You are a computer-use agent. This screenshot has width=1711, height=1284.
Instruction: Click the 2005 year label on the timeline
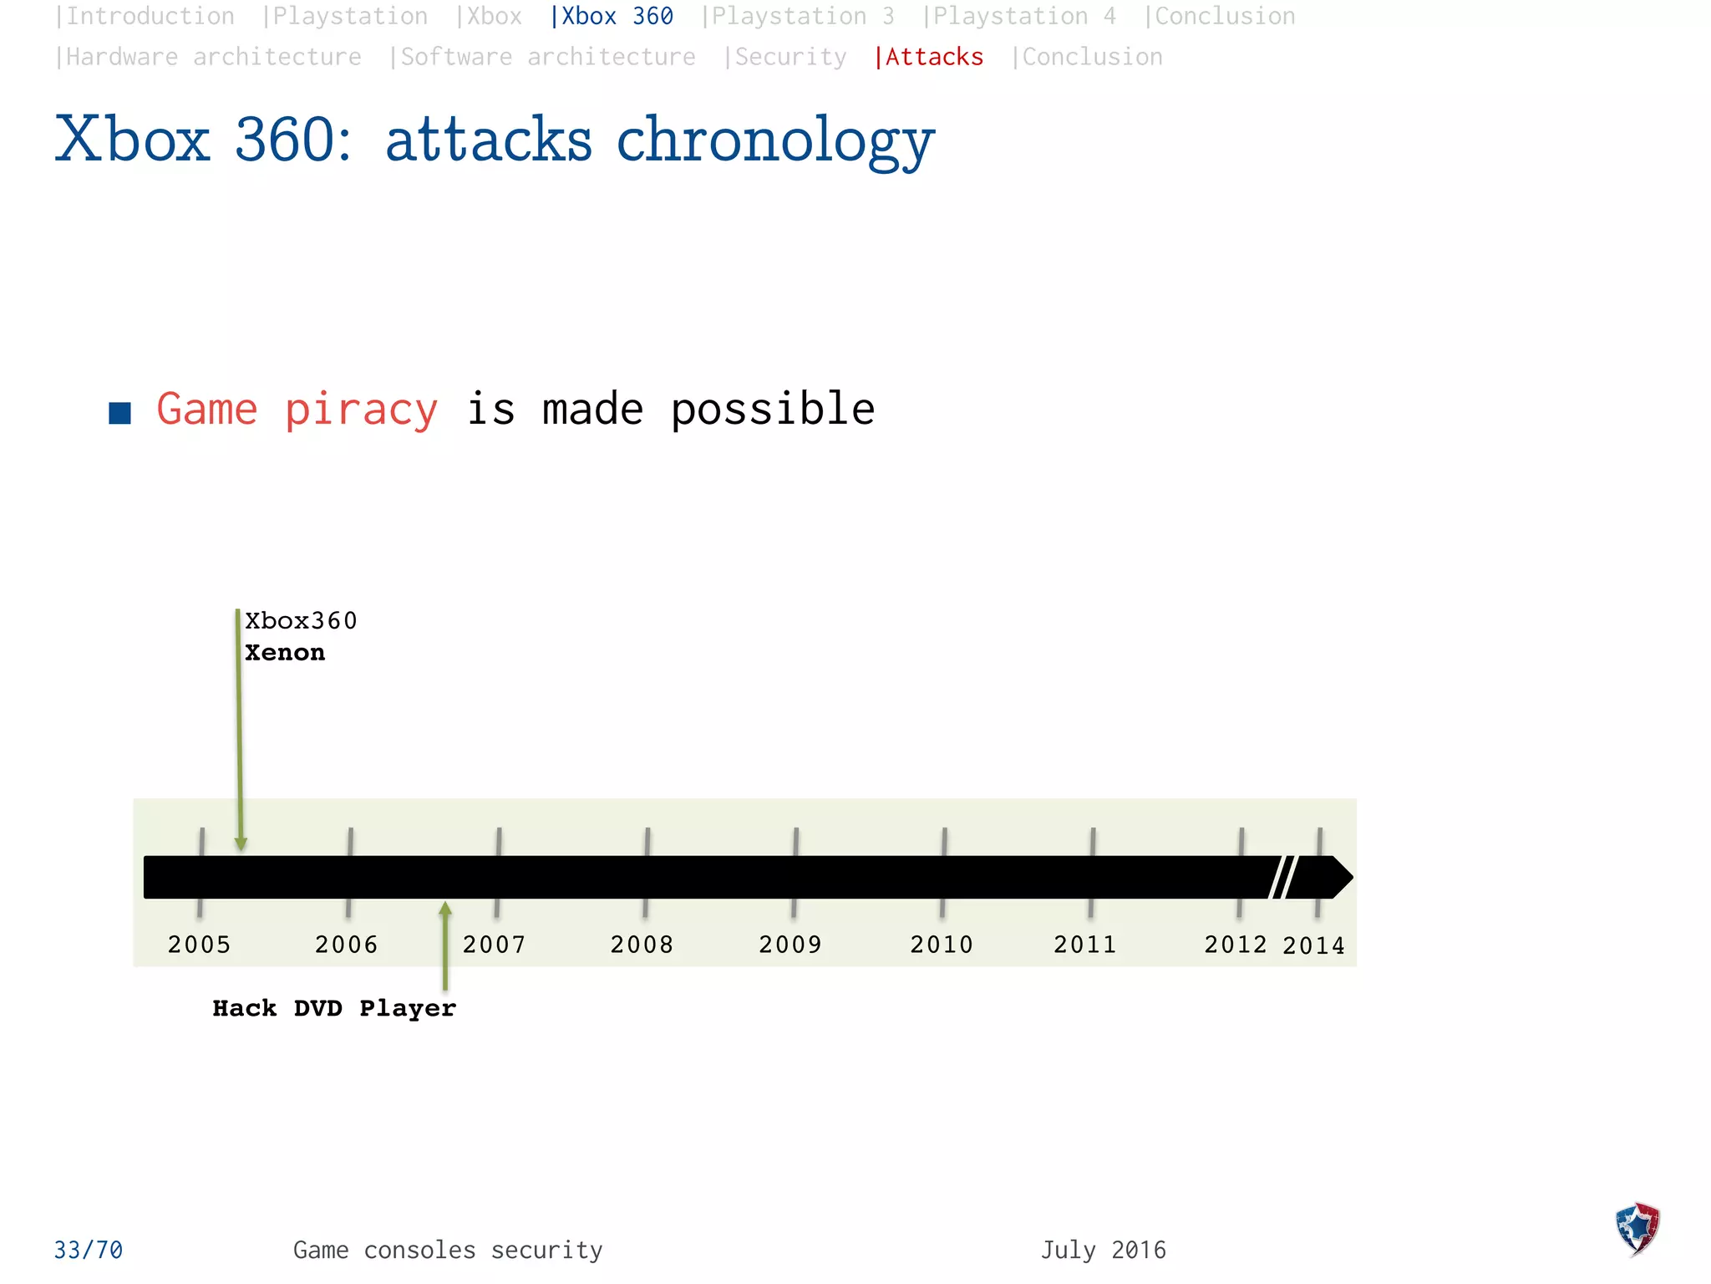[x=199, y=945]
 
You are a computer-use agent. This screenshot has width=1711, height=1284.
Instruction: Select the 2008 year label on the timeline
[x=642, y=945]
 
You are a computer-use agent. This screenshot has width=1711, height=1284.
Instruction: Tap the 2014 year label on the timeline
[x=1314, y=945]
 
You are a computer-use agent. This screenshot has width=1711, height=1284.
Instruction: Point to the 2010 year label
[x=942, y=945]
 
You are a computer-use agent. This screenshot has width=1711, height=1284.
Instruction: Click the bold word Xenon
[x=285, y=653]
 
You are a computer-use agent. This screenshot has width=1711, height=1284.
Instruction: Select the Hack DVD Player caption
[x=334, y=1008]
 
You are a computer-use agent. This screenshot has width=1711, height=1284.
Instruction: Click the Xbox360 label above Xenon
[x=301, y=621]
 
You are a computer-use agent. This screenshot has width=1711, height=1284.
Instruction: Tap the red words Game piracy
[x=297, y=410]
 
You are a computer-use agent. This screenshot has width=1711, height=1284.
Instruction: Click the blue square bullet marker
[x=120, y=413]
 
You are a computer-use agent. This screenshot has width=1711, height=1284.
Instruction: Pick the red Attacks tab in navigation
[x=929, y=57]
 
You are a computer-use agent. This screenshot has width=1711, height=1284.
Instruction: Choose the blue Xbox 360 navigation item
[x=612, y=17]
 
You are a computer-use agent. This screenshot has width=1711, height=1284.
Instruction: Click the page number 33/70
[x=89, y=1251]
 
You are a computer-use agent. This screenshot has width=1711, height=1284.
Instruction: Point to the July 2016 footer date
[x=1103, y=1251]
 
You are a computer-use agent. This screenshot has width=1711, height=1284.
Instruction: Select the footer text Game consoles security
[x=448, y=1251]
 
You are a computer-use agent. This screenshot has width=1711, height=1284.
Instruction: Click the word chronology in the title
[x=775, y=140]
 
